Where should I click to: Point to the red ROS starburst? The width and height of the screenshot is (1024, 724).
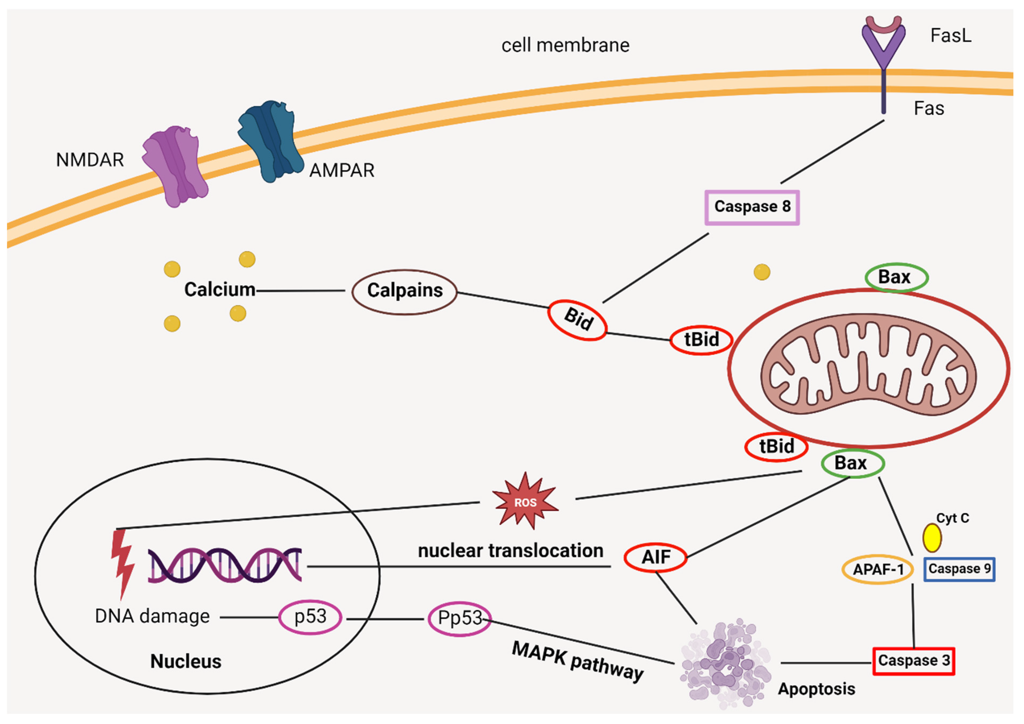(525, 502)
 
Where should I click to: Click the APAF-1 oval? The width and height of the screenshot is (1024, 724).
(877, 570)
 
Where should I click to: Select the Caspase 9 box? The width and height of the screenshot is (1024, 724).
(959, 569)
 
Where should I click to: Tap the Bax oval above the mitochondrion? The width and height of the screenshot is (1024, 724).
(896, 278)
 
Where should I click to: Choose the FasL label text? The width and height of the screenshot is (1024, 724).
(950, 36)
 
